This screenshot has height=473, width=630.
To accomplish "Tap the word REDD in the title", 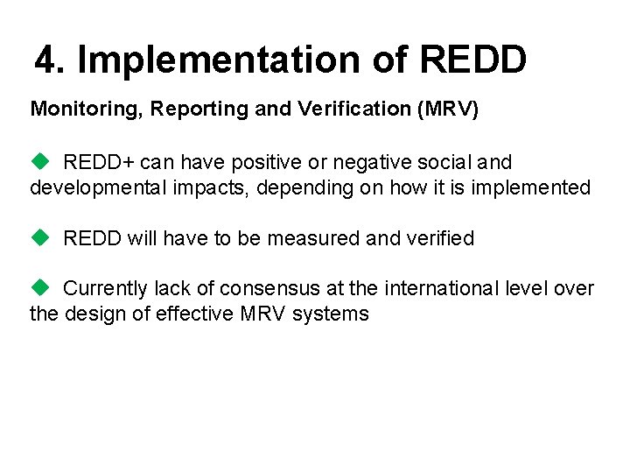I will coord(472,60).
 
